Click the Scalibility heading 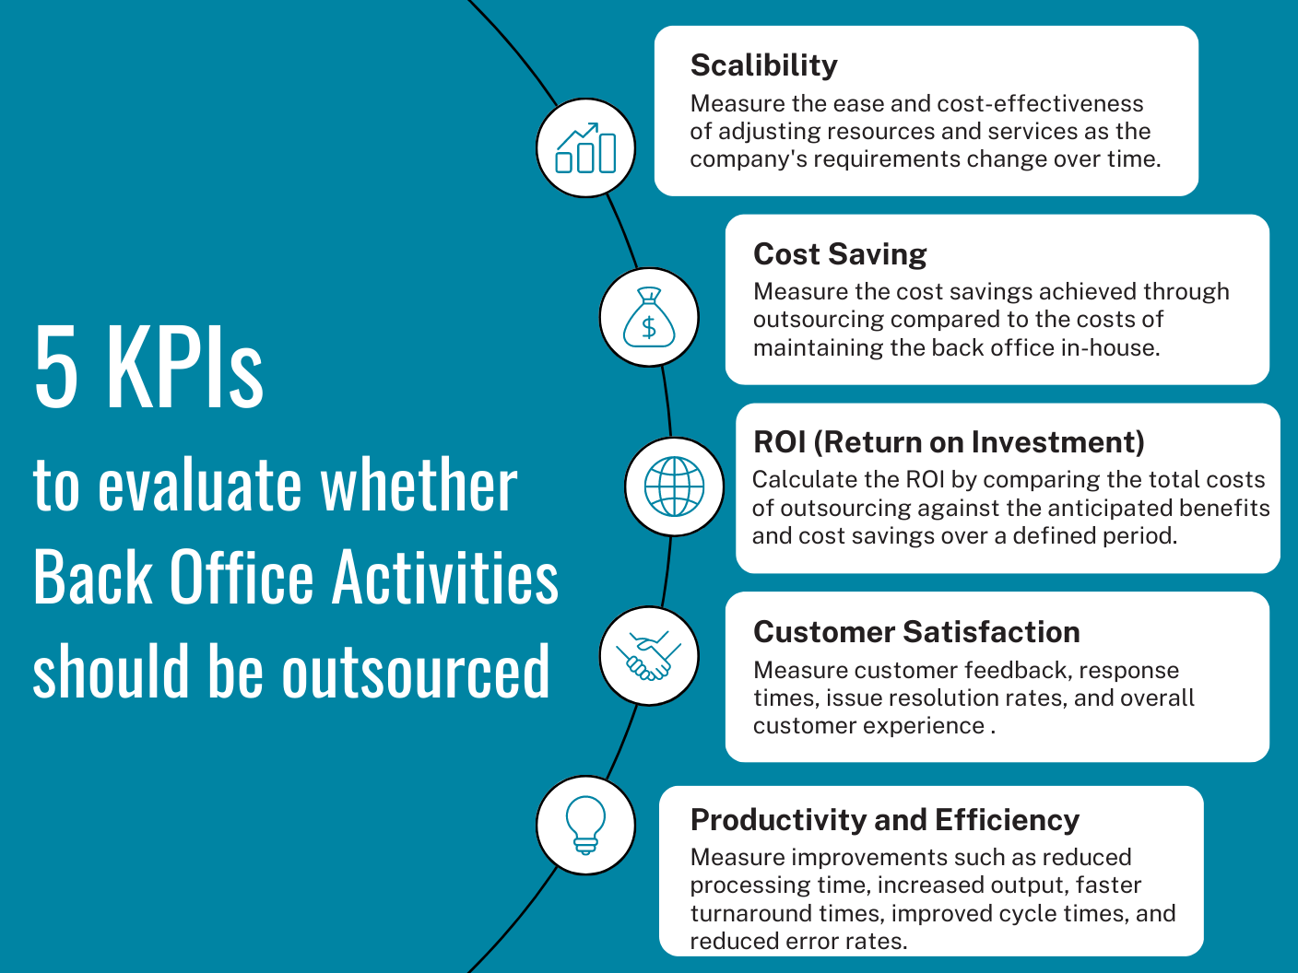click(763, 65)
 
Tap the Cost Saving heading click(840, 254)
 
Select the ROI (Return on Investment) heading click(949, 442)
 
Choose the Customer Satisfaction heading click(916, 631)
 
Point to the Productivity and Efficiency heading click(885, 821)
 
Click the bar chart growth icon click(585, 147)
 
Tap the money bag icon click(649, 317)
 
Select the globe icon click(674, 486)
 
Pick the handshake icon click(649, 655)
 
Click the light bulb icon click(585, 825)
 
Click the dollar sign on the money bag click(649, 327)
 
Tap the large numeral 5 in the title click(56, 366)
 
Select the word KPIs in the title click(185, 366)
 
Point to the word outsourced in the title click(416, 671)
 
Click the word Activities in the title click(444, 576)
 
